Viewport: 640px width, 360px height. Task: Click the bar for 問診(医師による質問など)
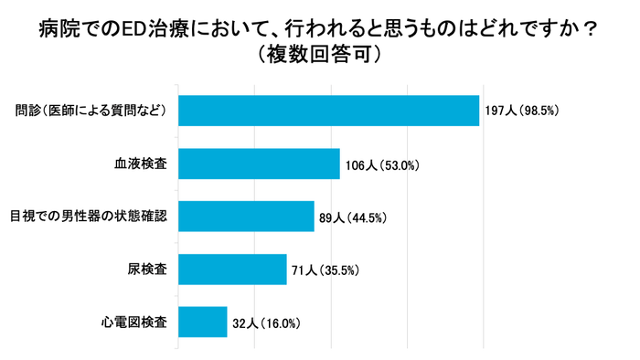point(328,111)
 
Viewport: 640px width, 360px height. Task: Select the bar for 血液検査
point(259,164)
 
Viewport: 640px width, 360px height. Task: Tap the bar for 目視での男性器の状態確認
point(246,217)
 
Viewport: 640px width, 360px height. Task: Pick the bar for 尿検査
point(232,270)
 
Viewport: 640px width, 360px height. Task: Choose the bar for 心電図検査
point(202,322)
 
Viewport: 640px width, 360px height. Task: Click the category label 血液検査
point(141,164)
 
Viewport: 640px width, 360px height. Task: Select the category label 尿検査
point(147,270)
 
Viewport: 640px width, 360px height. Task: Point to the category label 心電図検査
point(133,322)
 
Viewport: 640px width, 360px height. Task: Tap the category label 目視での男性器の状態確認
point(89,217)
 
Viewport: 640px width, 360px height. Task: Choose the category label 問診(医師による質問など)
point(90,111)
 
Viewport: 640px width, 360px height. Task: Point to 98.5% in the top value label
point(538,111)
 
